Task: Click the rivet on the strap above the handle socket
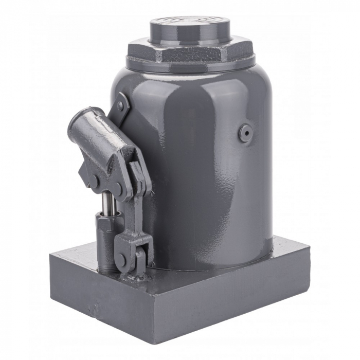tap(121, 106)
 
